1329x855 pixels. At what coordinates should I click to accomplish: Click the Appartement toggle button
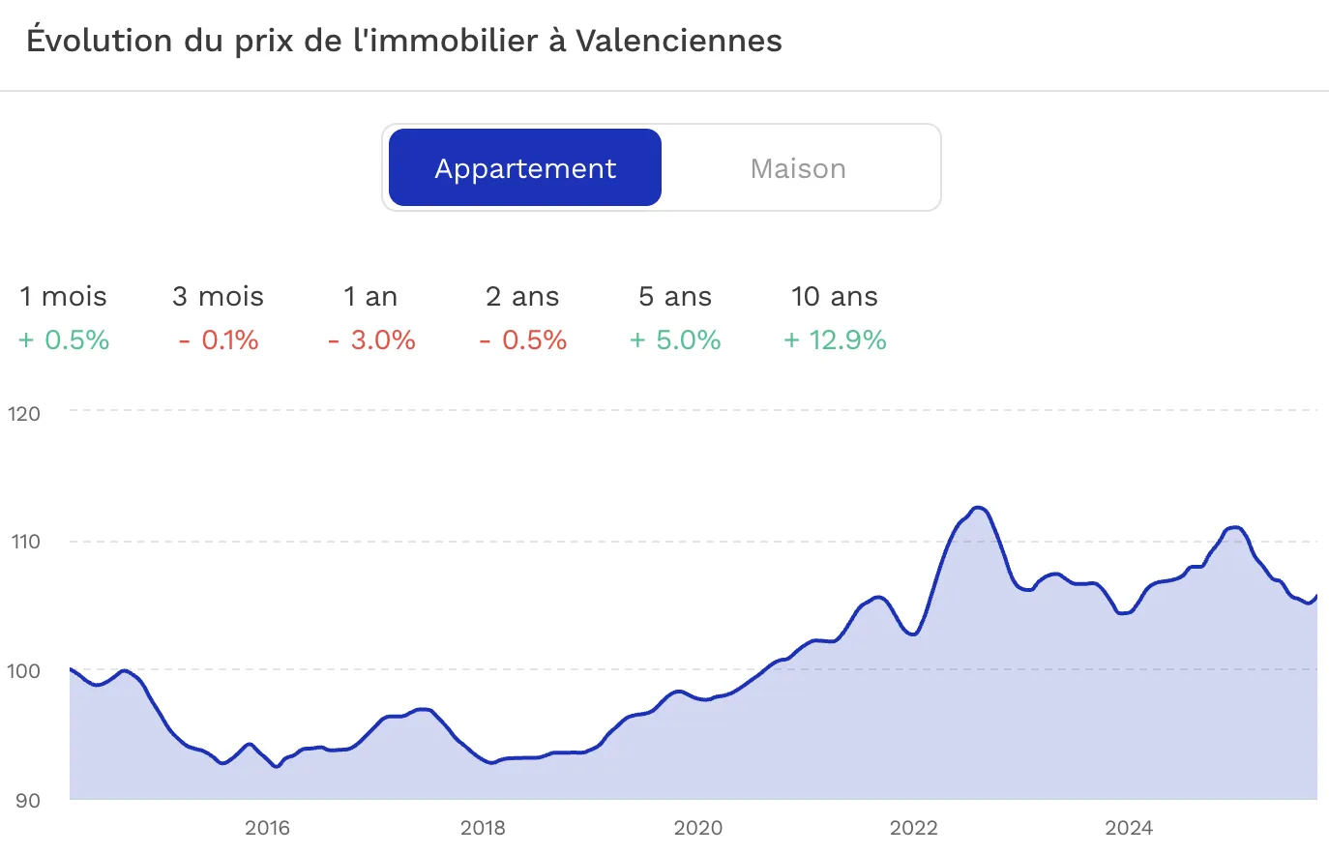coord(525,168)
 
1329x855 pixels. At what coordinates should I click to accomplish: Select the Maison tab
coord(798,168)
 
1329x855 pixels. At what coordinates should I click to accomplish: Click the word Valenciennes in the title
coord(678,41)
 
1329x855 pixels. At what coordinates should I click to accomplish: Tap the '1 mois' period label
coord(64,297)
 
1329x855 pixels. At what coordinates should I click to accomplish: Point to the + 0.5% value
coord(64,340)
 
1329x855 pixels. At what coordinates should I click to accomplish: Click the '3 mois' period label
coord(218,297)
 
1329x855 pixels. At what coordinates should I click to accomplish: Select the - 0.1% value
coord(218,340)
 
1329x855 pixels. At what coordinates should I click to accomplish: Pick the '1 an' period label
coord(370,297)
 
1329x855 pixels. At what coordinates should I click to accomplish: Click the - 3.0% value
coord(371,340)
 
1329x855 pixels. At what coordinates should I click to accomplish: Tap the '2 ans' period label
coord(522,297)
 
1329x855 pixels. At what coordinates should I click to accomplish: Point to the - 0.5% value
coord(523,340)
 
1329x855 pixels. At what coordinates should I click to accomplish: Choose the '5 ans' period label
coord(675,297)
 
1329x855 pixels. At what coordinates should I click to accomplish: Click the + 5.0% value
coord(675,340)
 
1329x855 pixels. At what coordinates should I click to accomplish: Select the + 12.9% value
coord(835,340)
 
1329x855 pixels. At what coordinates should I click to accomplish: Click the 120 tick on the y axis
coord(24,414)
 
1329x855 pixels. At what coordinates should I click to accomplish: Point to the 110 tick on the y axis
coord(25,542)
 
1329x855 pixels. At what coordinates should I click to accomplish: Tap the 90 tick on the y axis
coord(26,800)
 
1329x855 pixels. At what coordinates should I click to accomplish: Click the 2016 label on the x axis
coord(267,828)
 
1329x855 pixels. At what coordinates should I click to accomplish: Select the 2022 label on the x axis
coord(913,828)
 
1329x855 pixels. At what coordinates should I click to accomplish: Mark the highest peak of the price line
coord(978,508)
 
